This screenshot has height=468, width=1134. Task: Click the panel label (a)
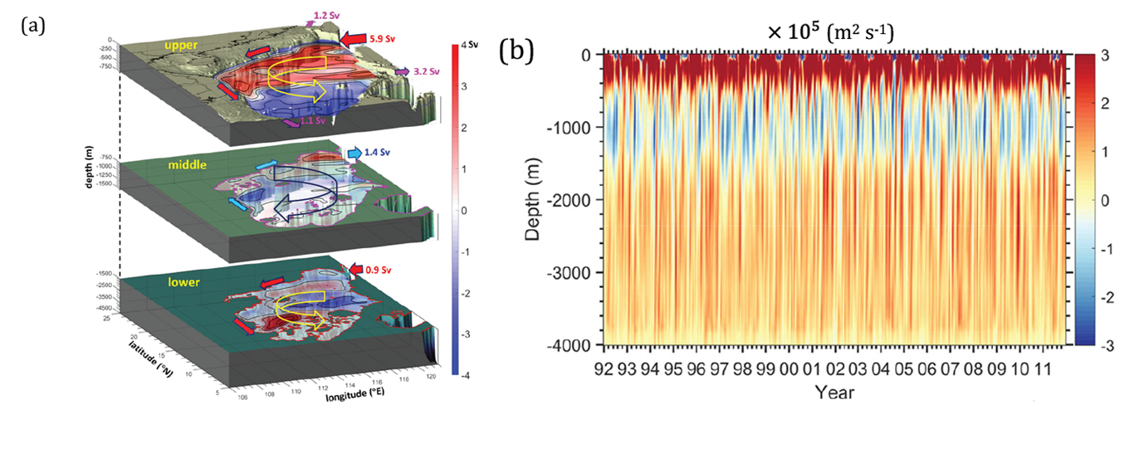point(32,25)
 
